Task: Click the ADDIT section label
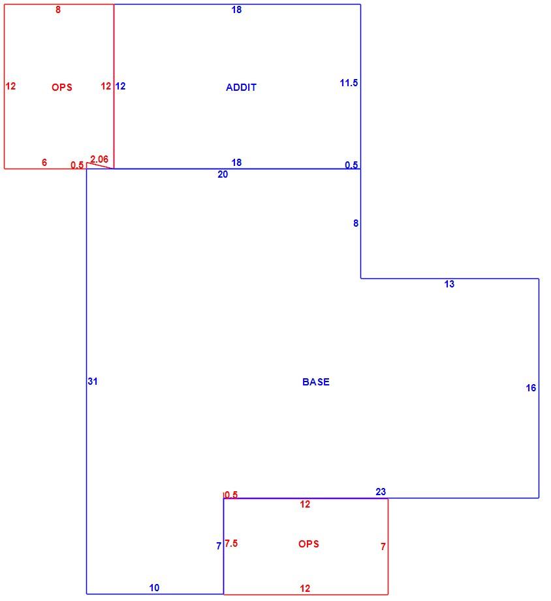pos(241,88)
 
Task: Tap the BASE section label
pos(316,382)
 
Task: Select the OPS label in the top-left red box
pos(61,88)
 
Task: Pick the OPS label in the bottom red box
pos(308,544)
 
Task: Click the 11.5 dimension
pos(349,83)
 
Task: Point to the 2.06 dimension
pos(99,159)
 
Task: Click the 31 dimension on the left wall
pos(93,382)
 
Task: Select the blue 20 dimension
pos(223,174)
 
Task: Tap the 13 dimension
pos(449,284)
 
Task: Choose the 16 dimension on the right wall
pos(531,388)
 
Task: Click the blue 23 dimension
pos(381,492)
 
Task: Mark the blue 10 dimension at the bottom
pos(154,587)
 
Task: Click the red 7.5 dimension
pos(231,544)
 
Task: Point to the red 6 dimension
pos(44,163)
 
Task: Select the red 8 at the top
pos(58,10)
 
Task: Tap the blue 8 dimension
pos(356,223)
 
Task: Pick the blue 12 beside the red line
pos(120,86)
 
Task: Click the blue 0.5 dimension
pos(351,165)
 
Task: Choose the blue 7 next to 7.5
pos(219,546)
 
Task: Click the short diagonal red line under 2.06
pos(101,165)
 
